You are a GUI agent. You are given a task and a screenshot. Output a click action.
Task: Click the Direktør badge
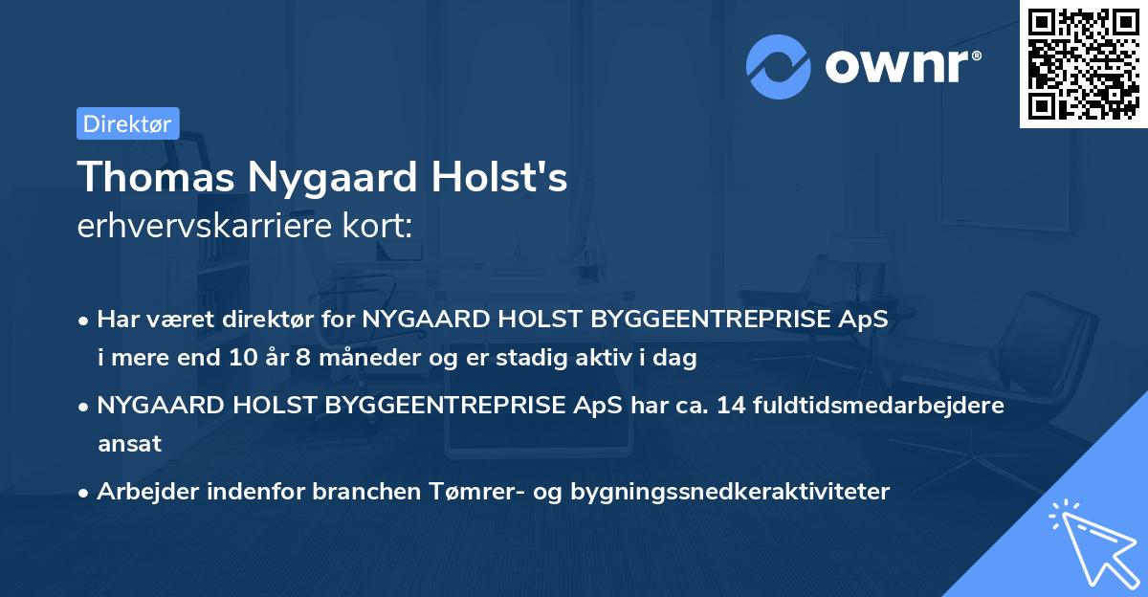click(127, 123)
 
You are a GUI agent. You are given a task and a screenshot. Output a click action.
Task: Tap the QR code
click(1083, 63)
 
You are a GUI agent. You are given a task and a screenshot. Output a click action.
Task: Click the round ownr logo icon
click(779, 66)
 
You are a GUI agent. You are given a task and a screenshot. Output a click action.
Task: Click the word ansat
click(129, 444)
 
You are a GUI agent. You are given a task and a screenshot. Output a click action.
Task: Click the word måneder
click(356, 359)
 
